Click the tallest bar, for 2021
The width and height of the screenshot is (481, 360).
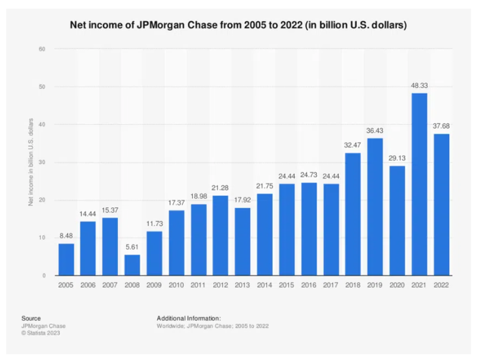(x=419, y=184)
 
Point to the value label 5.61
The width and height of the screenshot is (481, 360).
(x=131, y=247)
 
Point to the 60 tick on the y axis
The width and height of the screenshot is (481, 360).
(x=42, y=49)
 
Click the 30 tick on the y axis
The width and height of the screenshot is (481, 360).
(x=42, y=162)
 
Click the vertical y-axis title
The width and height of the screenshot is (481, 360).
(x=32, y=162)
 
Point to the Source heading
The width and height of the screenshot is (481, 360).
(x=31, y=319)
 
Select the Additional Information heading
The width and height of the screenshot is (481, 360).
(x=188, y=319)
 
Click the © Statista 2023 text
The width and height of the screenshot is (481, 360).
(x=40, y=333)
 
